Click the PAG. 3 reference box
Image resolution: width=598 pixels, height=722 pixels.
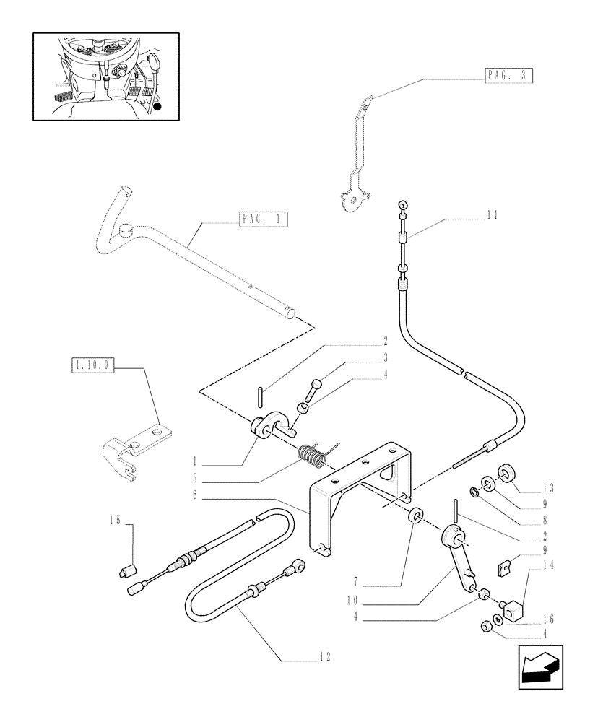click(x=508, y=74)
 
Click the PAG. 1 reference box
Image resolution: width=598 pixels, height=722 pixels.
click(x=262, y=218)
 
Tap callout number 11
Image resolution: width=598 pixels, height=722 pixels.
click(x=493, y=214)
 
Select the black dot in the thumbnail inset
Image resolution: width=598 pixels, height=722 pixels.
click(x=158, y=106)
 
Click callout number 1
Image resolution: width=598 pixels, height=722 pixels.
click(x=195, y=461)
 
